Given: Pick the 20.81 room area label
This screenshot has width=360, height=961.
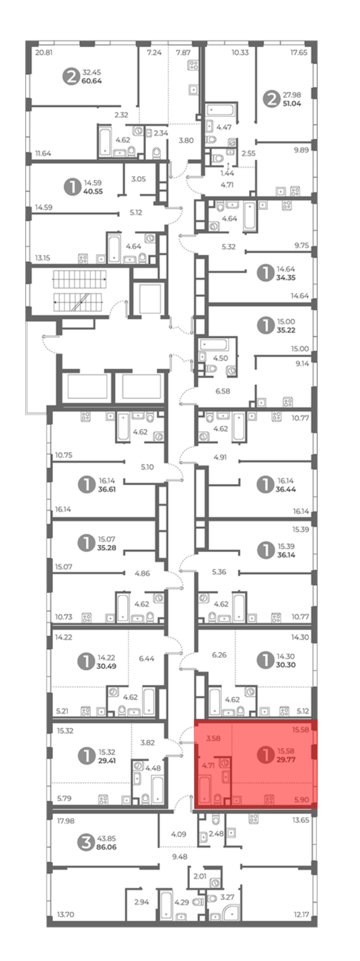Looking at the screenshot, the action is pos(44,53).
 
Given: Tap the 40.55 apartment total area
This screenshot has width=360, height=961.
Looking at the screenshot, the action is pos(93,191).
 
